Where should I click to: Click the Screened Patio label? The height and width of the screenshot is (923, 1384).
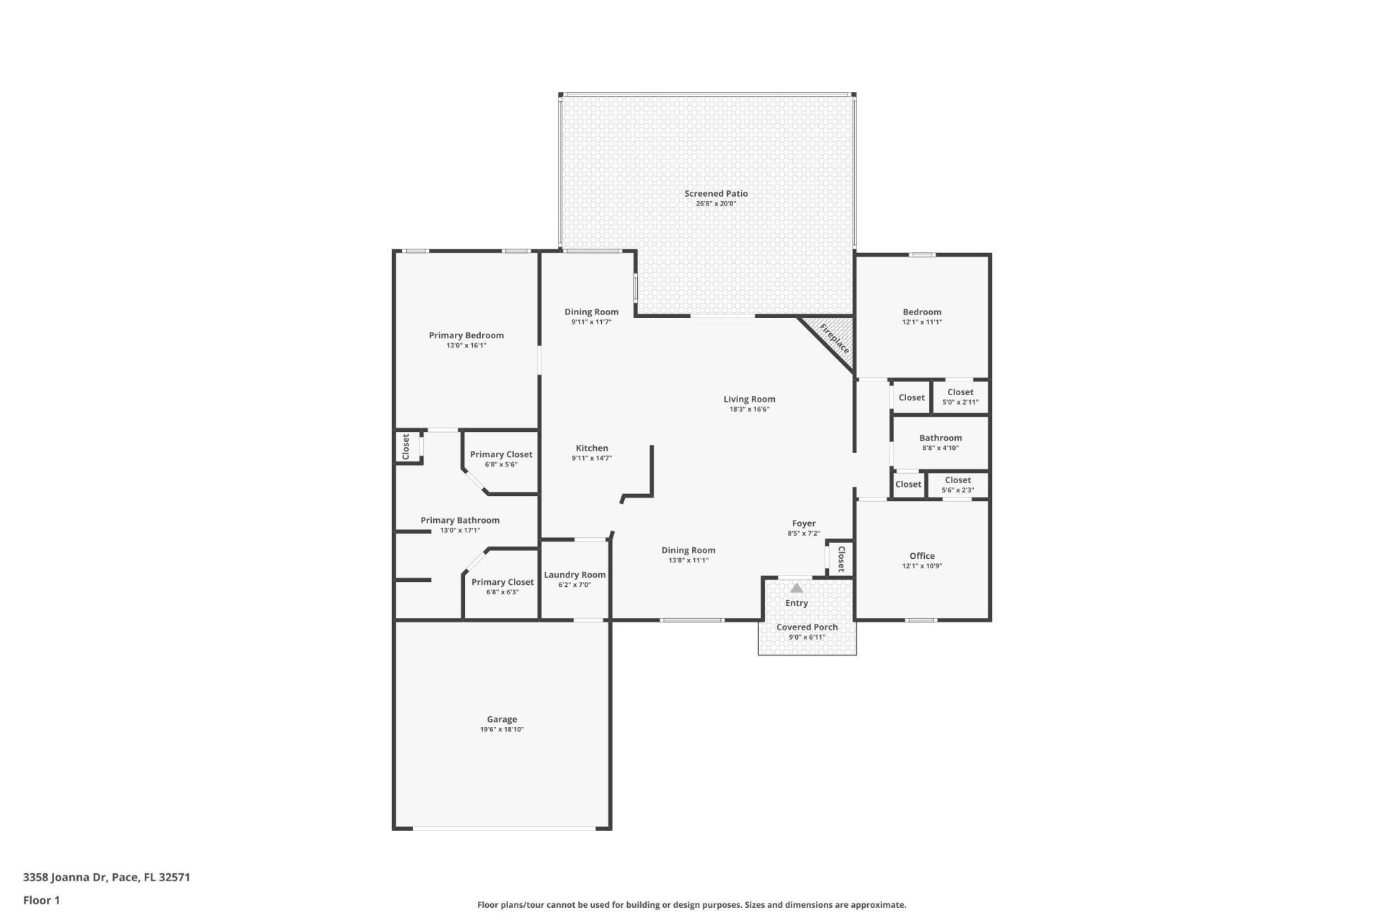click(716, 193)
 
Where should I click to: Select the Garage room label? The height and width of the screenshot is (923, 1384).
click(502, 719)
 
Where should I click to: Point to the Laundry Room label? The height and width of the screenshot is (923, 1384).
click(575, 575)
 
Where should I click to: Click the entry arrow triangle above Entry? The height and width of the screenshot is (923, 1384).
click(797, 588)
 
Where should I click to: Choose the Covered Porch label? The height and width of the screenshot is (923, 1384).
click(807, 627)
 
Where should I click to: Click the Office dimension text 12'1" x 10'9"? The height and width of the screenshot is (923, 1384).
click(922, 566)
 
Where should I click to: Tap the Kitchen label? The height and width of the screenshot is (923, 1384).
click(592, 448)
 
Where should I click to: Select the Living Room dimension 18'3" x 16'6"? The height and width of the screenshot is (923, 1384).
click(750, 410)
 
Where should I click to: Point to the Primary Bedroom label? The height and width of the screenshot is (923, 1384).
click(466, 335)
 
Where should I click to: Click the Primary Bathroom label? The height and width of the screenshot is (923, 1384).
click(460, 520)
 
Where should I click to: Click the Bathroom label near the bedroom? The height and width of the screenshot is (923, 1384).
click(941, 438)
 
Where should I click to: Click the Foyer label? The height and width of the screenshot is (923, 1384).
click(804, 524)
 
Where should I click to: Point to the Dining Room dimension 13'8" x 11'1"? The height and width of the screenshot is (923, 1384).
click(688, 560)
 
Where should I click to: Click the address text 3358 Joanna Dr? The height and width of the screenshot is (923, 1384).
click(65, 878)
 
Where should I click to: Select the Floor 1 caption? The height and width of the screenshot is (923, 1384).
click(42, 900)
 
